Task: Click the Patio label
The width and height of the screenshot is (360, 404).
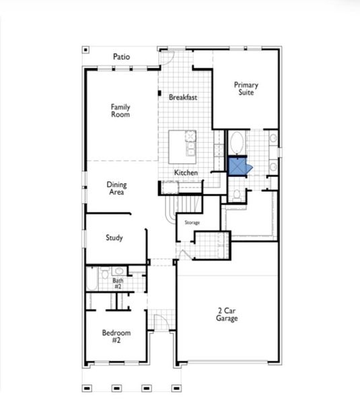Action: pyautogui.click(x=122, y=57)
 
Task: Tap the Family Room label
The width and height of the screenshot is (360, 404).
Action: pyautogui.click(x=120, y=110)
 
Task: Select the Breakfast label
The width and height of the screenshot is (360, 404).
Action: pyautogui.click(x=183, y=97)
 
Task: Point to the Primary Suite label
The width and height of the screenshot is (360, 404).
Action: pyautogui.click(x=246, y=89)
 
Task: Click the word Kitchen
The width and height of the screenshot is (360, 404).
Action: pyautogui.click(x=186, y=173)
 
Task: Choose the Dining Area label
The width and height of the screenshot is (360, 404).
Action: pyautogui.click(x=118, y=187)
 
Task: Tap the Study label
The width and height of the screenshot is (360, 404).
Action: pyautogui.click(x=114, y=238)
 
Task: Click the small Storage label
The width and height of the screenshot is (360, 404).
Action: pyautogui.click(x=192, y=222)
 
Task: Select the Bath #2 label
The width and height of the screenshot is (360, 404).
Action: pyautogui.click(x=118, y=283)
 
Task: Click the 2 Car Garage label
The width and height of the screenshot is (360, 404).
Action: pyautogui.click(x=227, y=314)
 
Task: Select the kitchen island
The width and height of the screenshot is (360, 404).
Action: pyautogui.click(x=182, y=145)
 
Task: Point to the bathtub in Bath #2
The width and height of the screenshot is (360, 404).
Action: pyautogui.click(x=92, y=279)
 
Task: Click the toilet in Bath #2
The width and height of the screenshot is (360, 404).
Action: pyautogui.click(x=105, y=273)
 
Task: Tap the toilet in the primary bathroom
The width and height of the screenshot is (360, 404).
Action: pyautogui.click(x=237, y=195)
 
